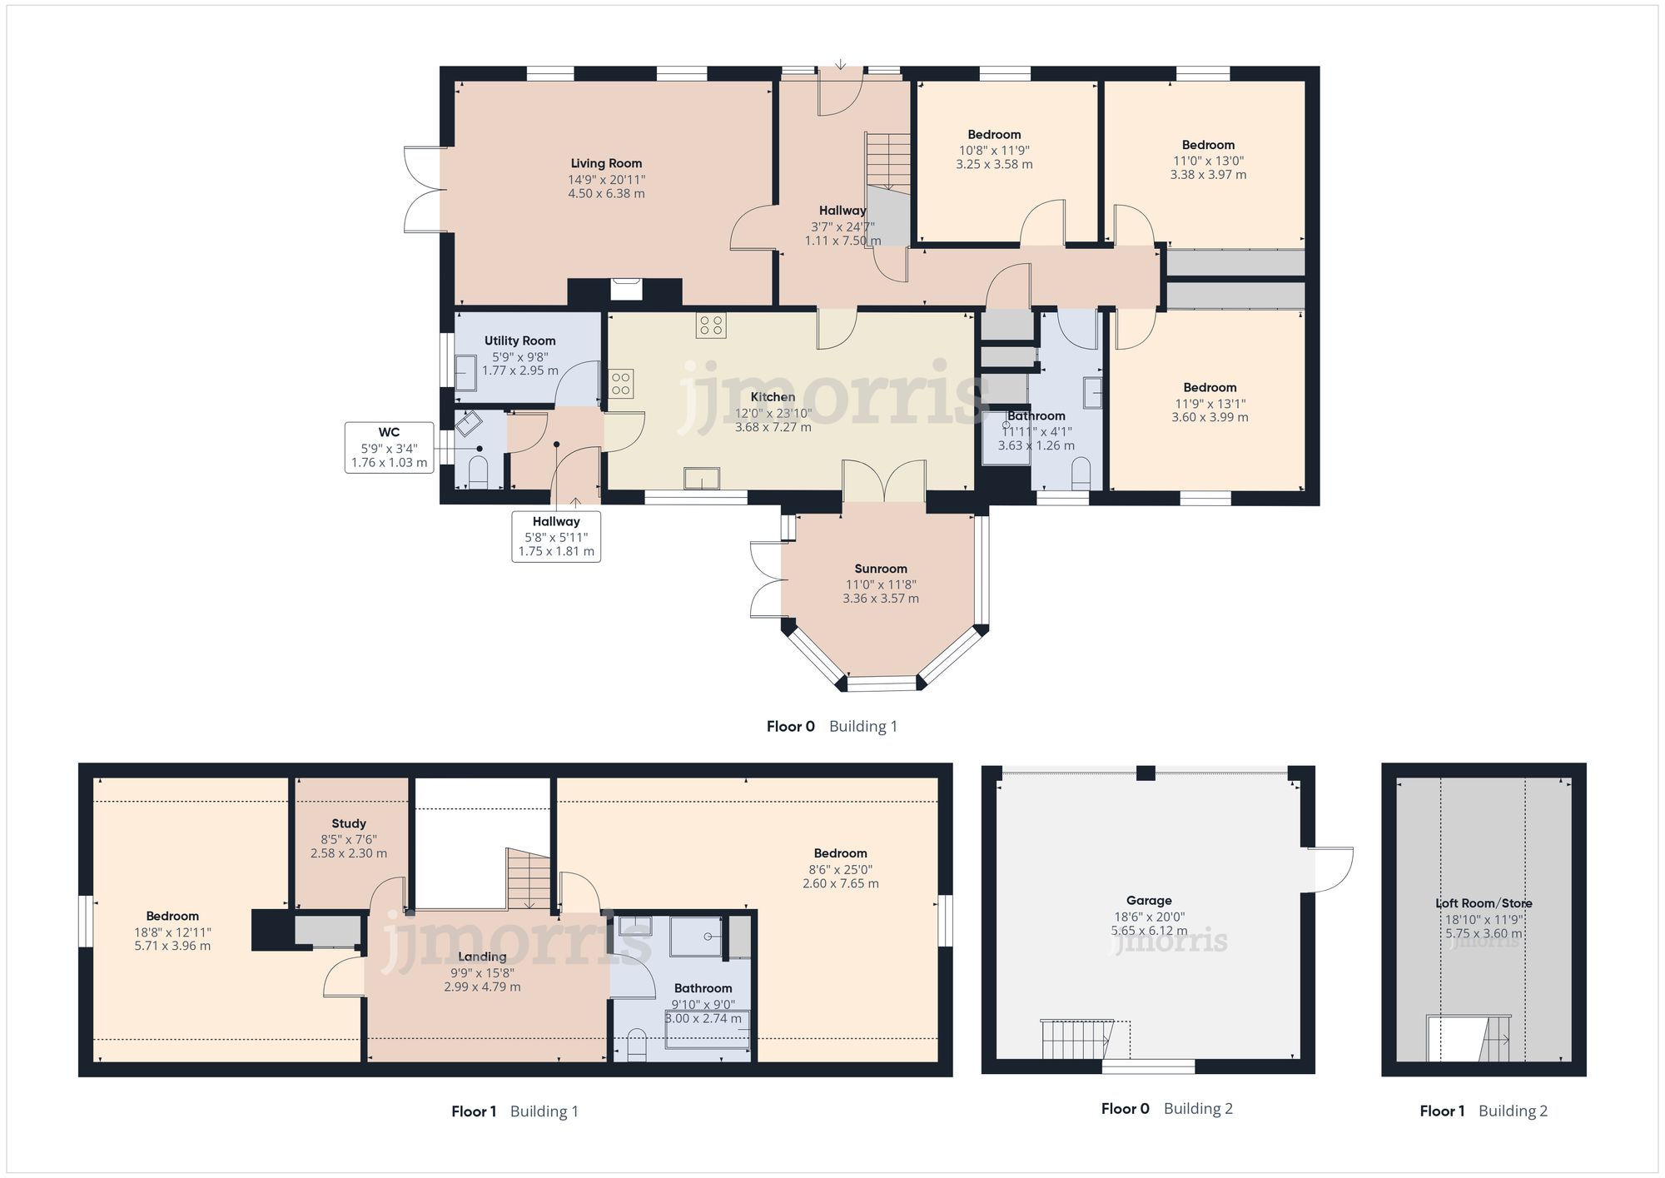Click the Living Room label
click(x=606, y=164)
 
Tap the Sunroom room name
click(x=880, y=569)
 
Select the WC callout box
click(x=389, y=447)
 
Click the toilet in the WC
click(x=478, y=474)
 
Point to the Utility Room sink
click(x=465, y=372)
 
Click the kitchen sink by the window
click(x=702, y=479)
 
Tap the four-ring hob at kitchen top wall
click(x=711, y=325)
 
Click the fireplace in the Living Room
click(x=626, y=289)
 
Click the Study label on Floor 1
click(x=349, y=823)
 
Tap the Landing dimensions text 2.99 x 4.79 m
click(x=482, y=987)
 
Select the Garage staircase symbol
click(x=1076, y=1039)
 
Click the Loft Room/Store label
click(x=1484, y=903)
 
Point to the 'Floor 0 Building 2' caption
click(x=1166, y=1109)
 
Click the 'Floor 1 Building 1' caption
click(x=514, y=1111)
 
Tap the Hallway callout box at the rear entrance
click(x=556, y=536)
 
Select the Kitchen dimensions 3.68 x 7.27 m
click(x=773, y=427)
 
